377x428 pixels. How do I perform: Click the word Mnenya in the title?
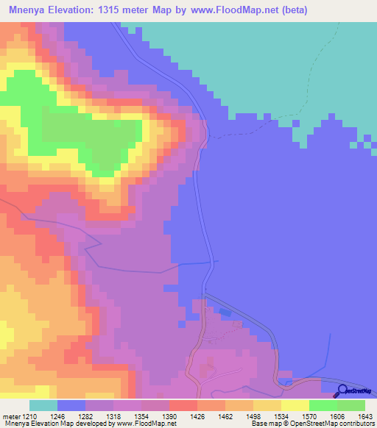click(x=29, y=10)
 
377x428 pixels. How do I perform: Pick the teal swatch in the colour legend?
click(x=43, y=406)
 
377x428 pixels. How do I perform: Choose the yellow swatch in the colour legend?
click(x=295, y=406)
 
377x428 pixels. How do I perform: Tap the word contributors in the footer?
click(x=353, y=424)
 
